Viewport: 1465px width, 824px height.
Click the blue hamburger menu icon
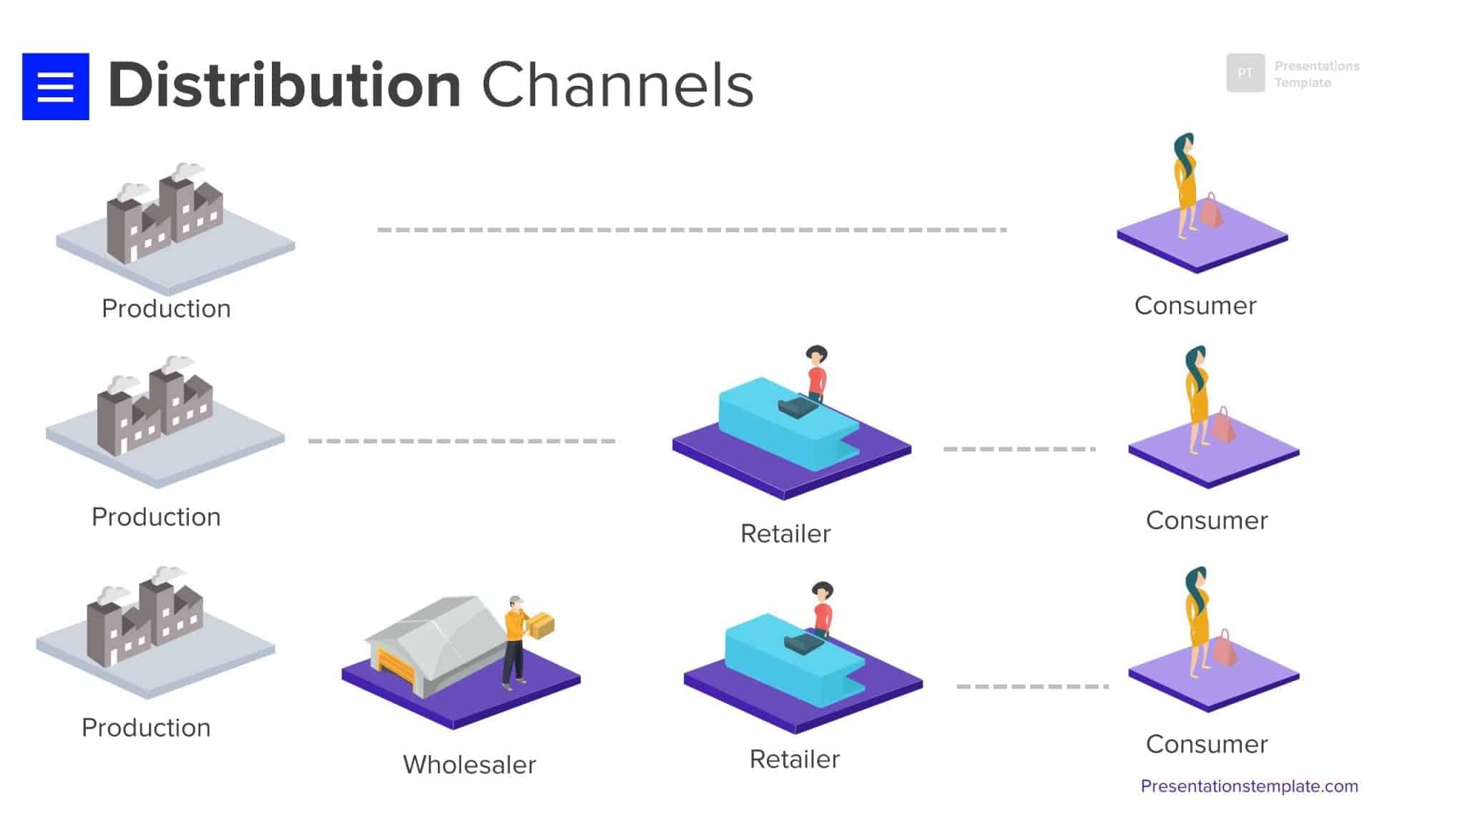pos(55,87)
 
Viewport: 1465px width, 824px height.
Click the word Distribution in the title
pos(284,86)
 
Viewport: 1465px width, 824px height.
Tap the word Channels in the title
pos(617,86)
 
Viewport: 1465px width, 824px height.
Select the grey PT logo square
pos(1245,73)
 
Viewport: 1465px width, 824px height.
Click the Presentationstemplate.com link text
pos(1249,786)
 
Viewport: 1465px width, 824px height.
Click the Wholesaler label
pos(469,765)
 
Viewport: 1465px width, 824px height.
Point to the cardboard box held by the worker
pos(542,625)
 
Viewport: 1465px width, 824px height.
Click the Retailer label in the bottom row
pos(794,759)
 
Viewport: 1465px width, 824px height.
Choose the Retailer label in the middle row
pos(785,534)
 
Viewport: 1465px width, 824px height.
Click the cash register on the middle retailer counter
pos(797,408)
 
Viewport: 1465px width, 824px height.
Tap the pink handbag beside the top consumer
pos(1211,212)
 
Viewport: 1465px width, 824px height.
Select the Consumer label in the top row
pos(1195,305)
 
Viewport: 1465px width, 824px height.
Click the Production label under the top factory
pos(166,308)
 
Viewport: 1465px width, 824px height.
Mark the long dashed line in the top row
pos(692,230)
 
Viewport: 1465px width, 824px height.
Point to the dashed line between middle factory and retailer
pos(461,441)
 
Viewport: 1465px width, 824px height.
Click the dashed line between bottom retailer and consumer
pos(1032,686)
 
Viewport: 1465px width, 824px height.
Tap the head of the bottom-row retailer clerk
pos(823,592)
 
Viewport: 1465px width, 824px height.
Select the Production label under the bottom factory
pos(146,727)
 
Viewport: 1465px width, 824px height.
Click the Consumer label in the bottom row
pos(1206,744)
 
